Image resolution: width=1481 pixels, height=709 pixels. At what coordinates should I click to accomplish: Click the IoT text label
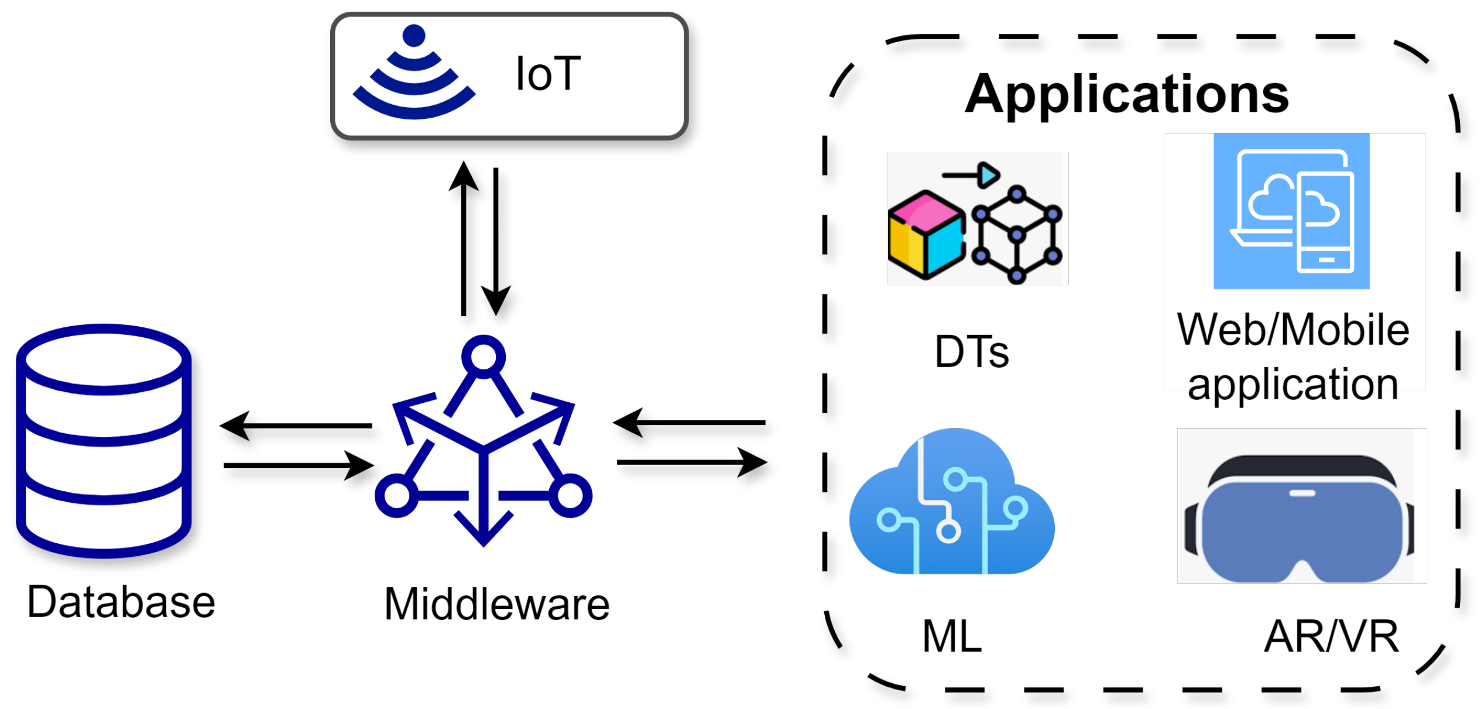coord(548,74)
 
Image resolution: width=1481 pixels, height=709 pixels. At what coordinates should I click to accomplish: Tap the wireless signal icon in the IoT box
coord(414,73)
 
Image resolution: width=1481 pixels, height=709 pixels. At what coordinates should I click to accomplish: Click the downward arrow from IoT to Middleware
coord(496,240)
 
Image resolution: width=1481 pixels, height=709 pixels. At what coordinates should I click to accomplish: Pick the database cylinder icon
coord(104,440)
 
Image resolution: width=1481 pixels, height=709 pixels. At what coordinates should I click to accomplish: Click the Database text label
coord(121,601)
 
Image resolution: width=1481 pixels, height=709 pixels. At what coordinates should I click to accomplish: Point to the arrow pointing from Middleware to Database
coord(296,426)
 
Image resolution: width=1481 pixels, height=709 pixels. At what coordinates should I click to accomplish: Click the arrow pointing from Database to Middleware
coord(299,465)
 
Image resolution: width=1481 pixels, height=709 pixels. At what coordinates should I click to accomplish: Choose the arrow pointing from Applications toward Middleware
coord(689,422)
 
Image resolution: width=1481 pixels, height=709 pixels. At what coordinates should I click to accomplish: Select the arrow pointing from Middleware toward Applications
coord(692,463)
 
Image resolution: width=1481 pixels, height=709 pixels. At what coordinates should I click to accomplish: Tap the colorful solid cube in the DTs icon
coord(925,234)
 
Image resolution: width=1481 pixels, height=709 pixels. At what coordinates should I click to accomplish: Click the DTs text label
coord(972,351)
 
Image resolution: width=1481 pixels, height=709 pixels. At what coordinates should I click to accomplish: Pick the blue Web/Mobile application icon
coord(1291,211)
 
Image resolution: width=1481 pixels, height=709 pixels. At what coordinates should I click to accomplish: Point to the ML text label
coord(952,636)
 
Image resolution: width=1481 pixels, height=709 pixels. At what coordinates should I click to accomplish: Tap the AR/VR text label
coord(1331,636)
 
